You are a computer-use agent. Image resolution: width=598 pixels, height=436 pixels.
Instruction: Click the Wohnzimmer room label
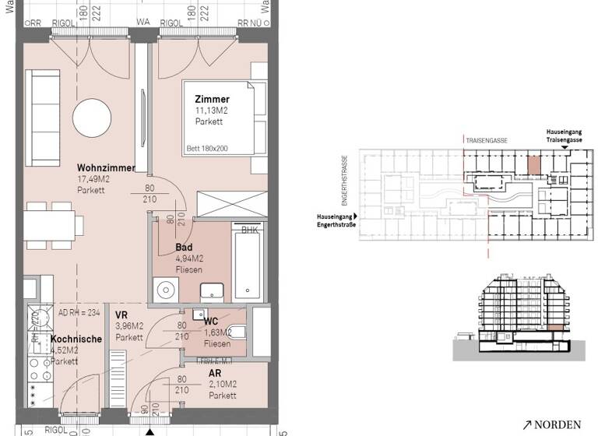click(106, 168)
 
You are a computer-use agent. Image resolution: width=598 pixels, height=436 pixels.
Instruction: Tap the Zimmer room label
click(213, 100)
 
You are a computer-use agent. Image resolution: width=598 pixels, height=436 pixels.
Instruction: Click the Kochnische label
click(76, 339)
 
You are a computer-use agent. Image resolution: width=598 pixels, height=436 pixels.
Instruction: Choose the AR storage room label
click(216, 373)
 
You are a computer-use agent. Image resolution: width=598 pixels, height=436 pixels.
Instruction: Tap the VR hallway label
click(121, 315)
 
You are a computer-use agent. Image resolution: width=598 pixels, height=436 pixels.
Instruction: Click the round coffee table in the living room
click(94, 119)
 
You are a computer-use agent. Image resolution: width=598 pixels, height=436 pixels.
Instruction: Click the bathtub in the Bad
click(248, 265)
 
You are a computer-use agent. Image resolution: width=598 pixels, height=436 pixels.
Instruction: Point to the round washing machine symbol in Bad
click(165, 290)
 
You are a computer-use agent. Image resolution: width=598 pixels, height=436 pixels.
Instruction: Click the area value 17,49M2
click(94, 180)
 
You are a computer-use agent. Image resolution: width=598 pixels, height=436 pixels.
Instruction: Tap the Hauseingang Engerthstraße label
click(335, 221)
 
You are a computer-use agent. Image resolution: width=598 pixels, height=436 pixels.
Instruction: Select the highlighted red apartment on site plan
click(533, 166)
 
